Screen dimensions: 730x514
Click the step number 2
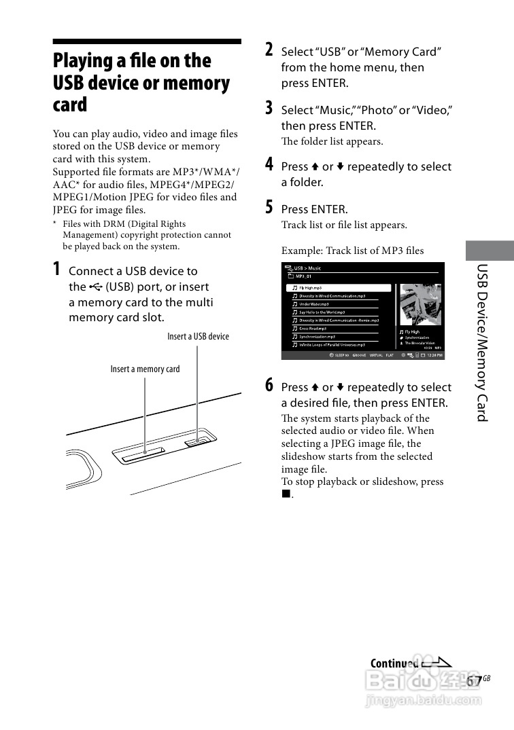coord(270,50)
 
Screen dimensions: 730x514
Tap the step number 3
coord(270,108)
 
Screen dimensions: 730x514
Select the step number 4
coord(270,165)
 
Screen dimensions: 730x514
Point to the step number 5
coord(270,208)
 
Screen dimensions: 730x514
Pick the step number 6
coord(270,386)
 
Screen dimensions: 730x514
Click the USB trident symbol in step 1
coord(95,287)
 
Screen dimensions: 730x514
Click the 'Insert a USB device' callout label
coord(198,336)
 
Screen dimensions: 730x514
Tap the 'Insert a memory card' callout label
coord(145,369)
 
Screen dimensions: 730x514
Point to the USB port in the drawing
coord(197,442)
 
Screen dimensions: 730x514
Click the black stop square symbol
coord(286,494)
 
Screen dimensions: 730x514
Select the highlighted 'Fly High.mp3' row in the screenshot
coord(339,288)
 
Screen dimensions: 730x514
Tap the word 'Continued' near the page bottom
coord(394,663)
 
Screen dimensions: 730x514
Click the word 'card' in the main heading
coord(70,105)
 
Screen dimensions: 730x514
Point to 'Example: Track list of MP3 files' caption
coord(352,251)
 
